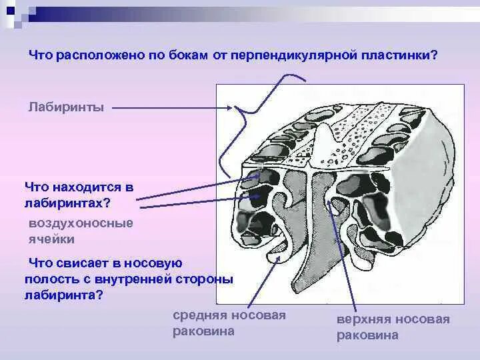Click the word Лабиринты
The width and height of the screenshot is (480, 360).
(66, 107)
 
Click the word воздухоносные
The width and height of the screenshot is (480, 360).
(81, 223)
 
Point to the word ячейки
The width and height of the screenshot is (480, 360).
(51, 239)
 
